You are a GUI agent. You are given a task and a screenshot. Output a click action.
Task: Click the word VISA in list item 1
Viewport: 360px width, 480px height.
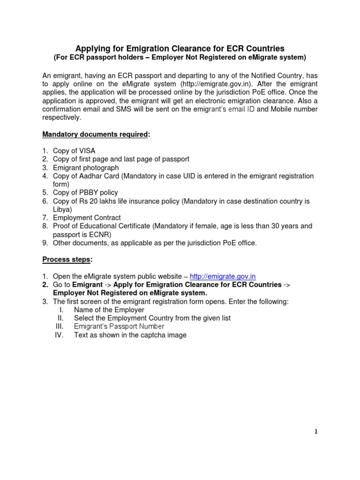(87, 151)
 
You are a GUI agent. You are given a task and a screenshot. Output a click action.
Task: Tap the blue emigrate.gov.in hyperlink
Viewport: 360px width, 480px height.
(223, 277)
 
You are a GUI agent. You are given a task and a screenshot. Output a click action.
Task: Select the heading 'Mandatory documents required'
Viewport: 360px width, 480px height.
(95, 135)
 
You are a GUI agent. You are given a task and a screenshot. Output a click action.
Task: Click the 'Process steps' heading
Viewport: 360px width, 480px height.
(67, 260)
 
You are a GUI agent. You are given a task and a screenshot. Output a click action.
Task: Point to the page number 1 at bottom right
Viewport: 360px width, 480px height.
(316, 432)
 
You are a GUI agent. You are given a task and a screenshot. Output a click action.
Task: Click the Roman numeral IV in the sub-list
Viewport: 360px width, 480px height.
(59, 335)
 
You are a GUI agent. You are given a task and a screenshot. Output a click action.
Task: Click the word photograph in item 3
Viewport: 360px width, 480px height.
(100, 168)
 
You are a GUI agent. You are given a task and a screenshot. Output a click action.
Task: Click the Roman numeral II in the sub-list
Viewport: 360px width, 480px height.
(60, 318)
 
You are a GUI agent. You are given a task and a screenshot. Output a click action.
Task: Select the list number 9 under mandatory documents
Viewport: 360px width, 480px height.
(45, 243)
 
